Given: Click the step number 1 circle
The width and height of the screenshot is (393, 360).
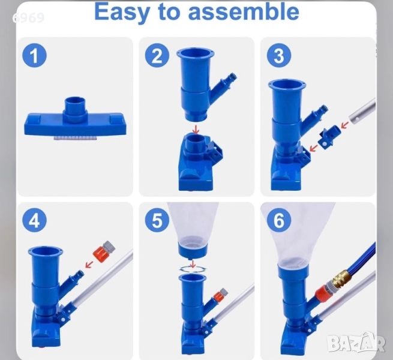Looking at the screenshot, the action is (x=34, y=56).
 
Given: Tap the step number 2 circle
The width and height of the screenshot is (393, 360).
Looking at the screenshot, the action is (x=157, y=56).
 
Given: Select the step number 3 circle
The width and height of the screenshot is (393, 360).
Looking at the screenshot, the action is (x=279, y=56).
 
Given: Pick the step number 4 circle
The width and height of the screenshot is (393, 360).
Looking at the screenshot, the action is (x=34, y=221).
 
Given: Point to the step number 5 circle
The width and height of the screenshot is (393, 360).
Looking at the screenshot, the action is (x=157, y=221).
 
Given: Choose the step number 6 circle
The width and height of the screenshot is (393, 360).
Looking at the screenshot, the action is (x=279, y=221).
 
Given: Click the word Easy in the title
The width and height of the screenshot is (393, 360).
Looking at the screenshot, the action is (x=122, y=13).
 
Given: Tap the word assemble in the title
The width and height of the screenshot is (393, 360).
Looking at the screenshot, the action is (x=244, y=12).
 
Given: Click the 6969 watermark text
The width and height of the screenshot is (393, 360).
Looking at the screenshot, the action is (x=28, y=18).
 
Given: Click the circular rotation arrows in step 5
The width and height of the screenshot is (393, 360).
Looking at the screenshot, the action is (x=193, y=269).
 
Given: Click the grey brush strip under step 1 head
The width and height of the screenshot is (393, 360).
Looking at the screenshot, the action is (x=74, y=138).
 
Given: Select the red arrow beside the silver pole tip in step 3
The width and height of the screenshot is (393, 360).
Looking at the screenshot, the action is (x=345, y=125).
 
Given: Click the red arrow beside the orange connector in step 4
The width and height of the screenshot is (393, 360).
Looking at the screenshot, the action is (x=89, y=264).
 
